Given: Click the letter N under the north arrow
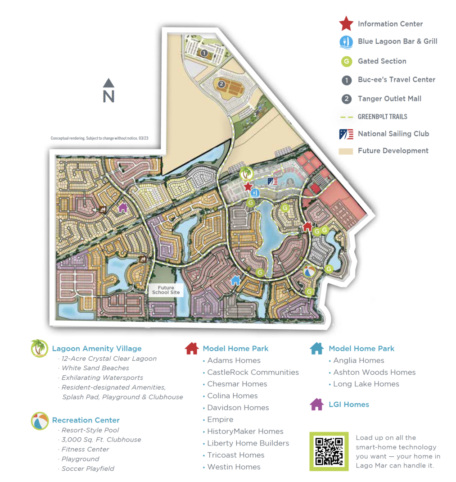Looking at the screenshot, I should pyautogui.click(x=108, y=96).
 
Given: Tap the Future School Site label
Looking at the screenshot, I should pyautogui.click(x=166, y=290).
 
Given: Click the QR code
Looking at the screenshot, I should pyautogui.click(x=329, y=451).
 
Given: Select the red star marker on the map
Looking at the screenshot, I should pyautogui.click(x=247, y=186).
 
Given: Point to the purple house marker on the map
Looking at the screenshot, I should pyautogui.click(x=122, y=208).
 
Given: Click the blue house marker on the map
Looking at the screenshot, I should pyautogui.click(x=235, y=280).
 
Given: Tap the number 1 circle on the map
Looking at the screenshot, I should pyautogui.click(x=204, y=53).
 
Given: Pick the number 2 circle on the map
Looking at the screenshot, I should pyautogui.click(x=221, y=84).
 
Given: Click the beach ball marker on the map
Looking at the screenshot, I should pyautogui.click(x=309, y=272).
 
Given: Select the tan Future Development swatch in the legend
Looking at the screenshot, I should pyautogui.click(x=346, y=151).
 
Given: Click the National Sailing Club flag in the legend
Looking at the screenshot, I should pyautogui.click(x=346, y=134).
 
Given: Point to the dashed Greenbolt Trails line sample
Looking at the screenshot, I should pyautogui.click(x=346, y=117).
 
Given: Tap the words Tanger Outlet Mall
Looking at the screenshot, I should pyautogui.click(x=389, y=99).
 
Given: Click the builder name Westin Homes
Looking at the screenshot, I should pyautogui.click(x=234, y=467).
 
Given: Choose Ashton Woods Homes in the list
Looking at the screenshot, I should pyautogui.click(x=374, y=372).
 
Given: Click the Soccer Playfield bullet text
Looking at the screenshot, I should pyautogui.click(x=88, y=468).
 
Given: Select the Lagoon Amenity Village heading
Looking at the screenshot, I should pyautogui.click(x=97, y=348).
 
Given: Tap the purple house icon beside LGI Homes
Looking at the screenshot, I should pyautogui.click(x=317, y=405).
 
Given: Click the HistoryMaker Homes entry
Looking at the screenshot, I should pyautogui.click(x=245, y=431).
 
